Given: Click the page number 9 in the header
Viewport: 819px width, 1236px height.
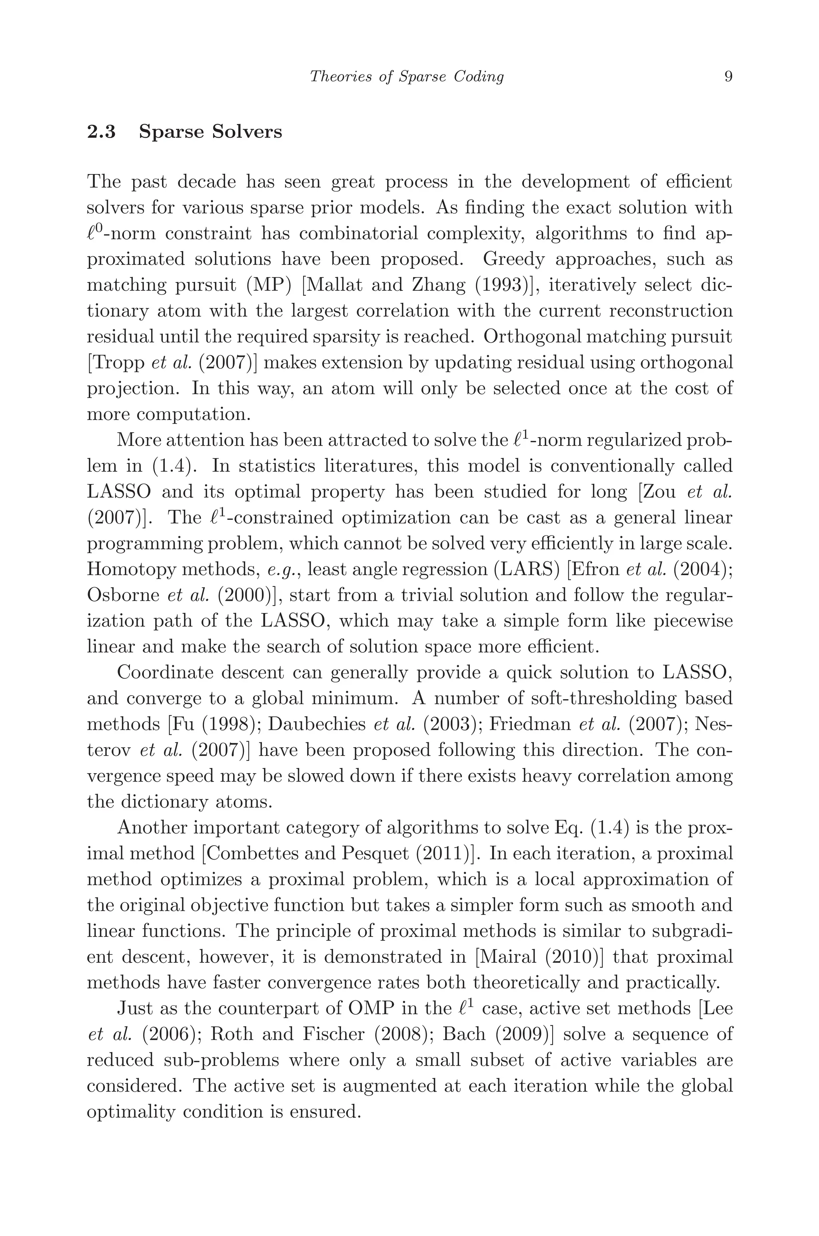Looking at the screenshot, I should click(729, 77).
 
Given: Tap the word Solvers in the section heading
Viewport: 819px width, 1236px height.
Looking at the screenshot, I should click(246, 132).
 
